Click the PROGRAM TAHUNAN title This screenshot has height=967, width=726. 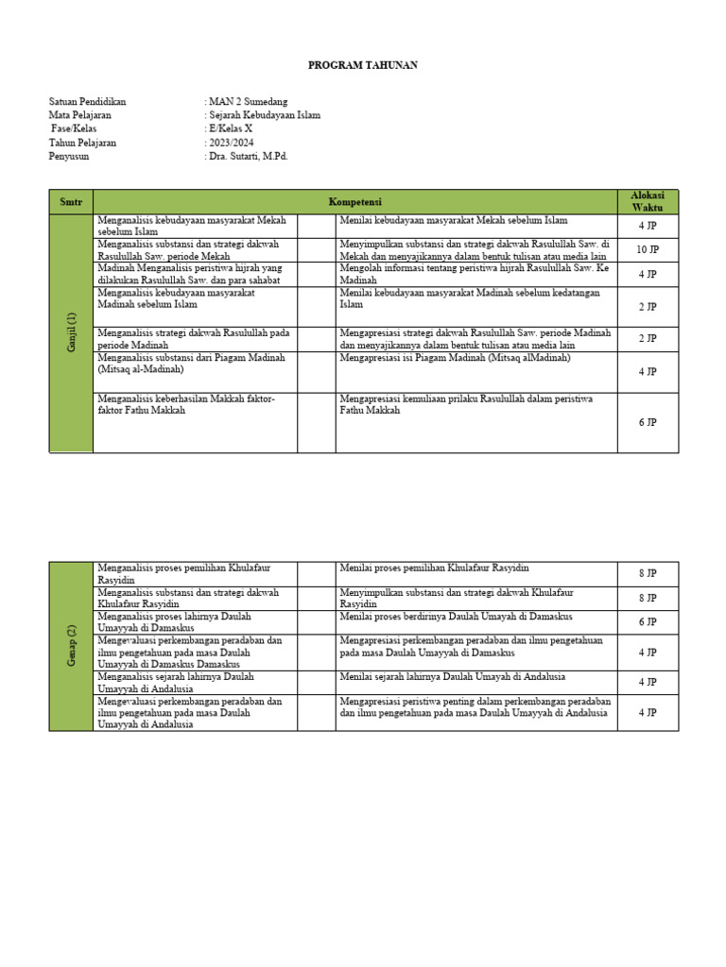pyautogui.click(x=363, y=65)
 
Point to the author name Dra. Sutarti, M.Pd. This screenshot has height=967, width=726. pyautogui.click(x=249, y=157)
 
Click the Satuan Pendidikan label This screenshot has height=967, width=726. pyautogui.click(x=87, y=102)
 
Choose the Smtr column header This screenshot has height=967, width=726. pyautogui.click(x=71, y=201)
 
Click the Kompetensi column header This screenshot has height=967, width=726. pyautogui.click(x=354, y=201)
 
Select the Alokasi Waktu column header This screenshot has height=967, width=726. pyautogui.click(x=648, y=201)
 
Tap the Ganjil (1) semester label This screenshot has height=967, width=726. pyautogui.click(x=72, y=333)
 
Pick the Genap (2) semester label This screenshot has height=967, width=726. pyautogui.click(x=72, y=646)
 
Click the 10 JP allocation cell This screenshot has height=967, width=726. pyautogui.click(x=648, y=249)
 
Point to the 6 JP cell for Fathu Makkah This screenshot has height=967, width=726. pyautogui.click(x=648, y=422)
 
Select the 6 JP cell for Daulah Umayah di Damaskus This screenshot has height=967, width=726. pyautogui.click(x=648, y=622)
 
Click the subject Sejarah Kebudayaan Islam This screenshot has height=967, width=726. pyautogui.click(x=265, y=115)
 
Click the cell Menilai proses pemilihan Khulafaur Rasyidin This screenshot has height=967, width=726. pyautogui.click(x=434, y=568)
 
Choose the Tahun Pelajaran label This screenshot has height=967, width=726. pyautogui.click(x=82, y=143)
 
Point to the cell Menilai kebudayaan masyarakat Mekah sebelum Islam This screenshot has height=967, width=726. pyautogui.click(x=454, y=220)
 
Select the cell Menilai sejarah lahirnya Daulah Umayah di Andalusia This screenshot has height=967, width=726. pyautogui.click(x=449, y=677)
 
